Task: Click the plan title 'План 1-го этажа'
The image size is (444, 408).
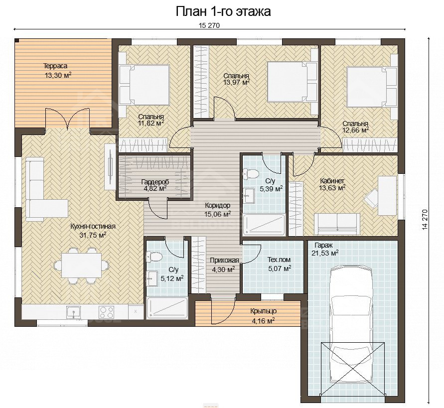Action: pyautogui.click(x=223, y=11)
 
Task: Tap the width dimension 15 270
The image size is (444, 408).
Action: pyautogui.click(x=209, y=26)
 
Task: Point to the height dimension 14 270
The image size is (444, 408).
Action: pyautogui.click(x=424, y=220)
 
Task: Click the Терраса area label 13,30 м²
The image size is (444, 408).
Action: pyautogui.click(x=58, y=75)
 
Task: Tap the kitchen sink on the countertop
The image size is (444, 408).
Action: pyautogui.click(x=74, y=312)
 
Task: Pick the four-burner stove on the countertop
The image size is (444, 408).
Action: pyautogui.click(x=107, y=312)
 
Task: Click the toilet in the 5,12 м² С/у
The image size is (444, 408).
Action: pyautogui.click(x=154, y=257)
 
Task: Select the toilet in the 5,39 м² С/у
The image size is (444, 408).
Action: pyautogui.click(x=250, y=173)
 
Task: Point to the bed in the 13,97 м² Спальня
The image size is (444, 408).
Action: pyautogui.click(x=292, y=82)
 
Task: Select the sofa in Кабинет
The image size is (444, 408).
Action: pyautogui.click(x=337, y=224)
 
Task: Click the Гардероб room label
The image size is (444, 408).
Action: pyautogui.click(x=155, y=182)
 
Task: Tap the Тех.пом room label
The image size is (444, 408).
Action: pyautogui.click(x=279, y=260)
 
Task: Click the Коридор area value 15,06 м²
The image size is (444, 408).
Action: pyautogui.click(x=217, y=214)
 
